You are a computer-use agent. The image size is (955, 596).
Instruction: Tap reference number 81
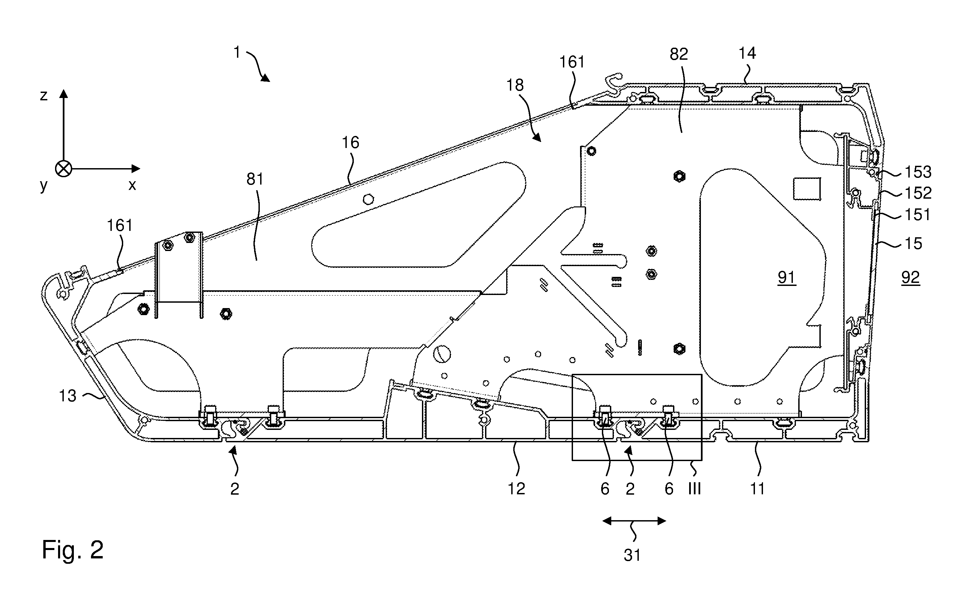coord(255,179)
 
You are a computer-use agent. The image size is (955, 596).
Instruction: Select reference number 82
coord(679,54)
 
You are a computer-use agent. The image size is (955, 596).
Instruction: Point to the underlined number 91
coord(786,278)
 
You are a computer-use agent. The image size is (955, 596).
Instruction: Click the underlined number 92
coord(910,278)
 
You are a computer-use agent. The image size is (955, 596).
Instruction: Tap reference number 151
coord(917,215)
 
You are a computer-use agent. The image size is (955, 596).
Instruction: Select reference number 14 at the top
coord(747,53)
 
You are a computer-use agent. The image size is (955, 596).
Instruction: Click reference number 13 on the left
coord(67,396)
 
